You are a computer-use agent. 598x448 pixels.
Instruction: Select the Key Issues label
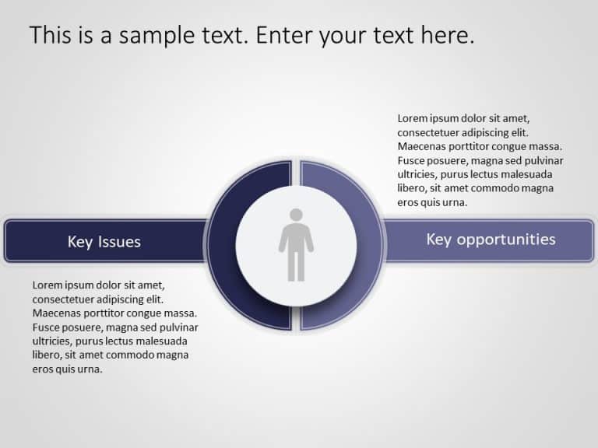[104, 242]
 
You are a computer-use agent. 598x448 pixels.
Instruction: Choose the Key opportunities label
[491, 240]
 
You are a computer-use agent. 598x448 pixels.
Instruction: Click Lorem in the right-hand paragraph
[413, 118]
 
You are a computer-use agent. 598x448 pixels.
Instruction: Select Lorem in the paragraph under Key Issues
[47, 285]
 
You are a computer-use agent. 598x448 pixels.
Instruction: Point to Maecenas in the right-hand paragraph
[421, 146]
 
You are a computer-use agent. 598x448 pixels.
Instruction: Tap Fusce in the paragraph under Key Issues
[47, 327]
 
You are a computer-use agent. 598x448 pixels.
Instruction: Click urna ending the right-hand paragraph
[455, 202]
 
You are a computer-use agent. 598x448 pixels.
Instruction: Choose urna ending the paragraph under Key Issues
[90, 369]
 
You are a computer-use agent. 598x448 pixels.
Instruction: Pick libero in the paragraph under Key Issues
[46, 355]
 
